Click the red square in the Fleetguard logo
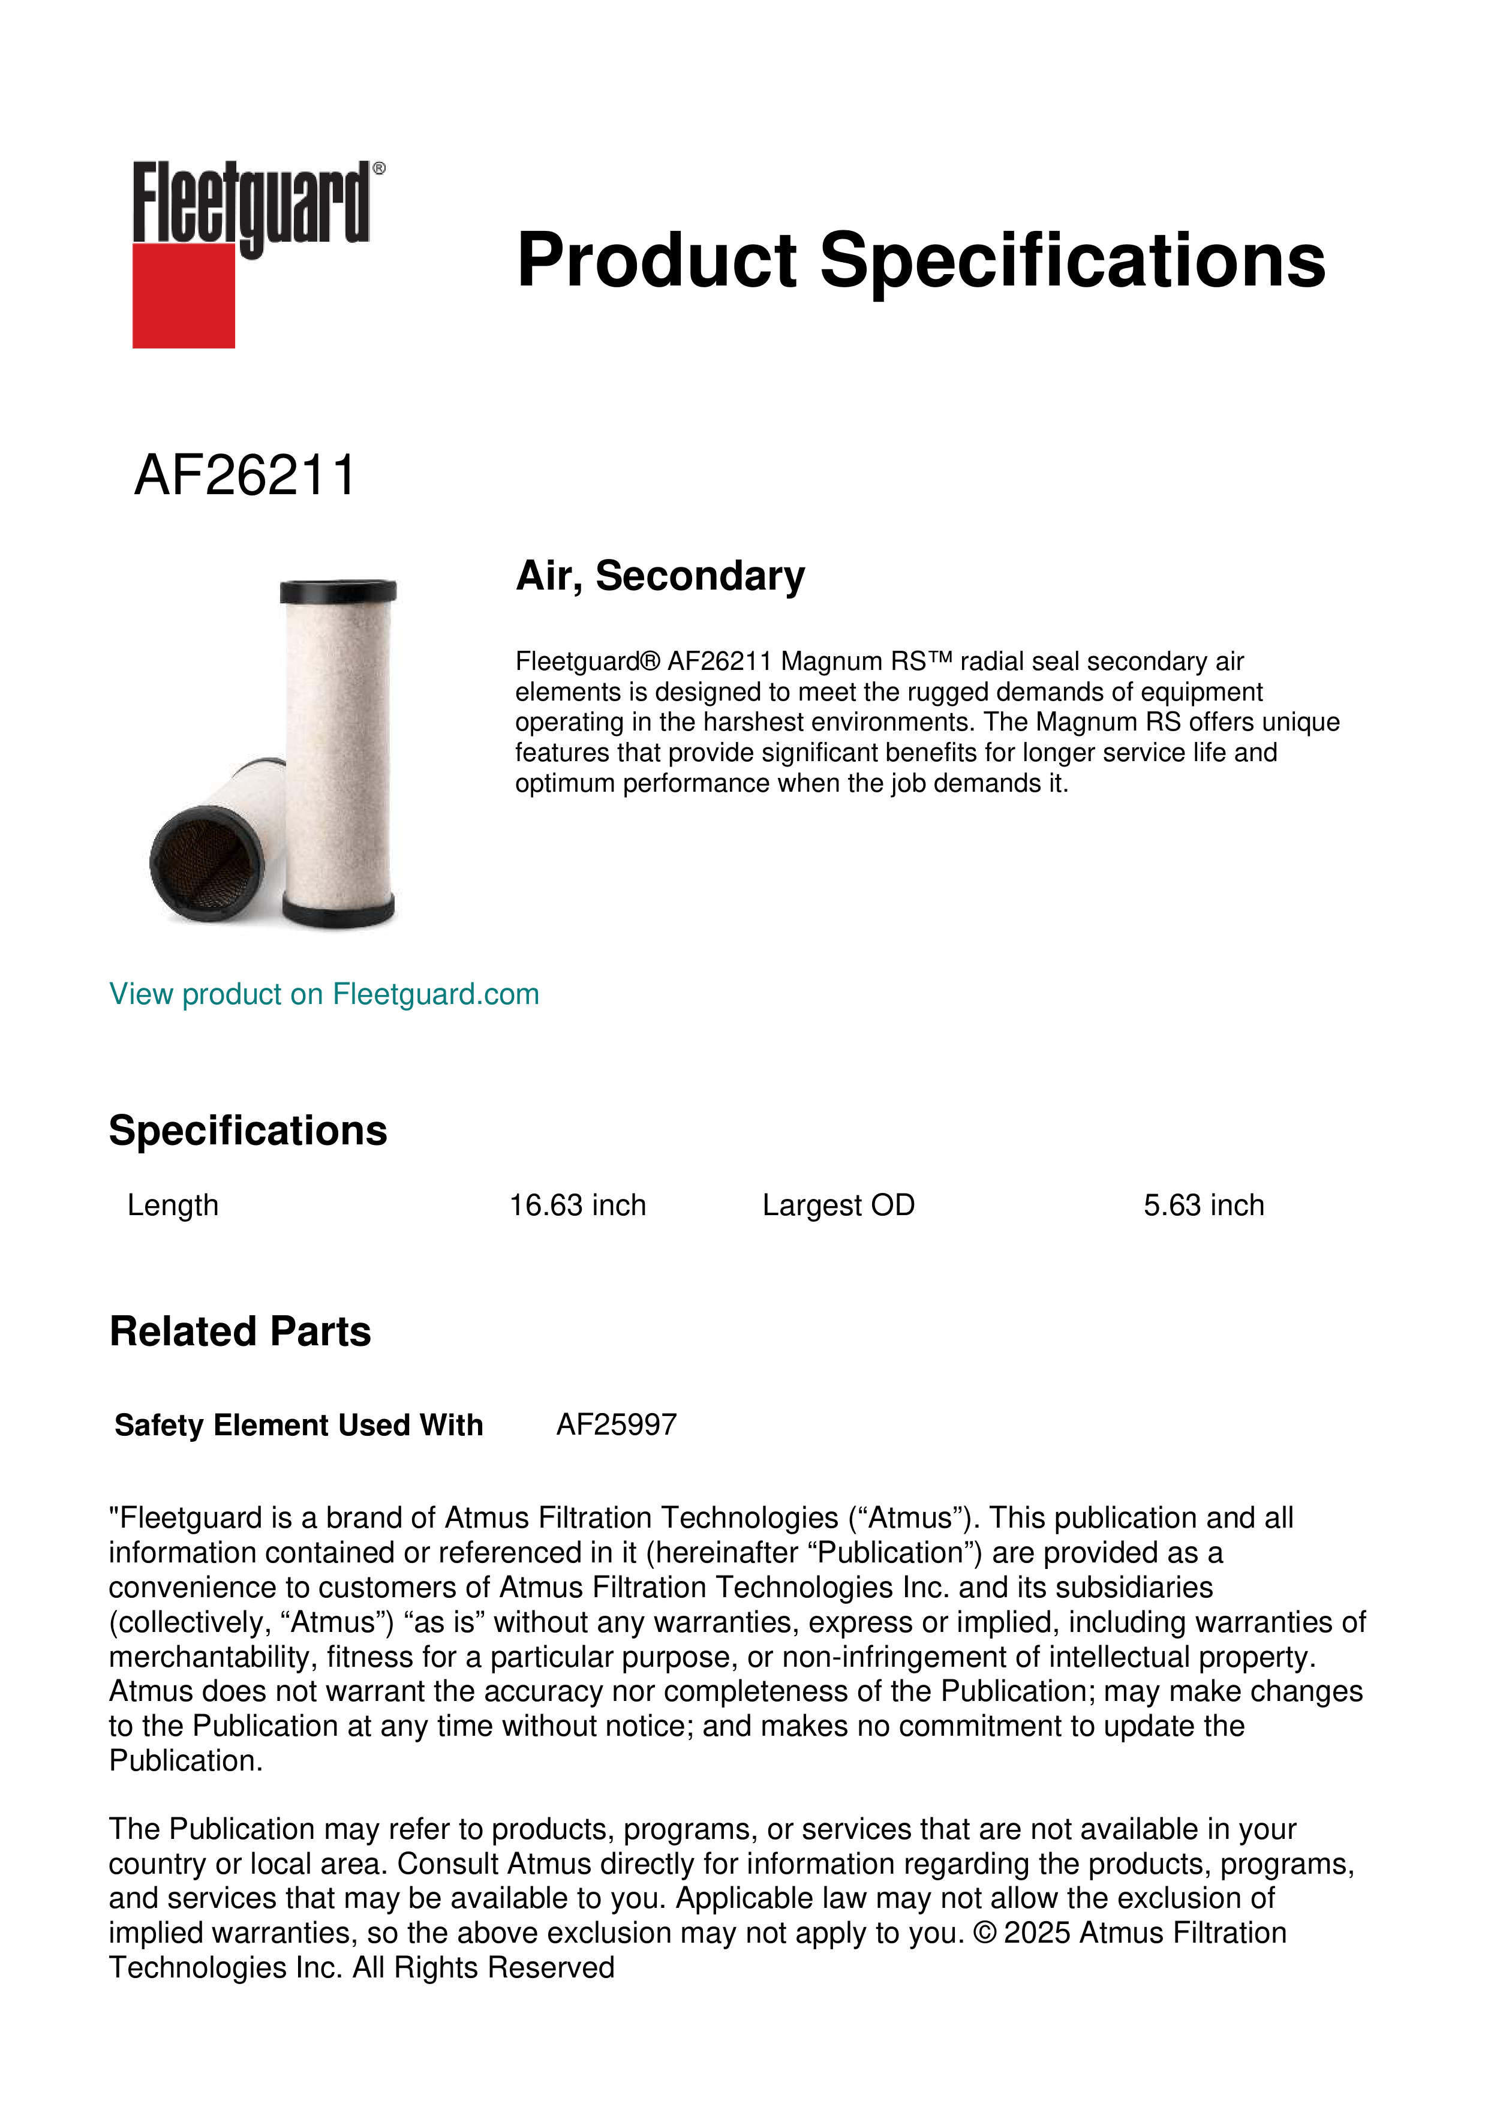click(x=184, y=295)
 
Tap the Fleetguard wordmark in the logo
click(x=250, y=203)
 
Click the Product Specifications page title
click(x=921, y=260)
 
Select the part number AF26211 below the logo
click(x=245, y=476)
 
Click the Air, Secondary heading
click(x=660, y=576)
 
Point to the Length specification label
click(x=173, y=1205)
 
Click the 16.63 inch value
click(x=577, y=1205)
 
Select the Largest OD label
click(x=838, y=1205)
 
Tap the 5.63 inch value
click(x=1203, y=1205)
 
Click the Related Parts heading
click(x=240, y=1331)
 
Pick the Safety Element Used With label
click(x=299, y=1425)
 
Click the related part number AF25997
click(x=617, y=1425)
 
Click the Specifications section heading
click(x=247, y=1131)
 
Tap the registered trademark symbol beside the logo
click(x=379, y=169)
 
